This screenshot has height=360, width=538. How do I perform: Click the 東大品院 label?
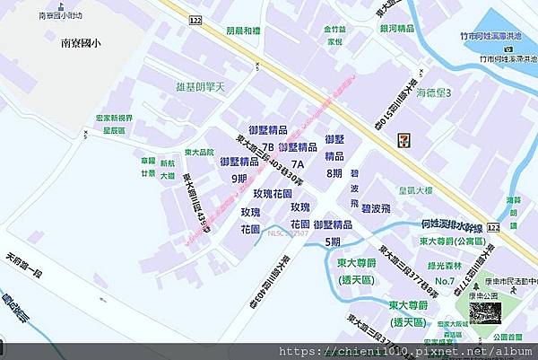coord(199,152)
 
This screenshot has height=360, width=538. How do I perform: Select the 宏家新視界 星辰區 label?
coord(115,123)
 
